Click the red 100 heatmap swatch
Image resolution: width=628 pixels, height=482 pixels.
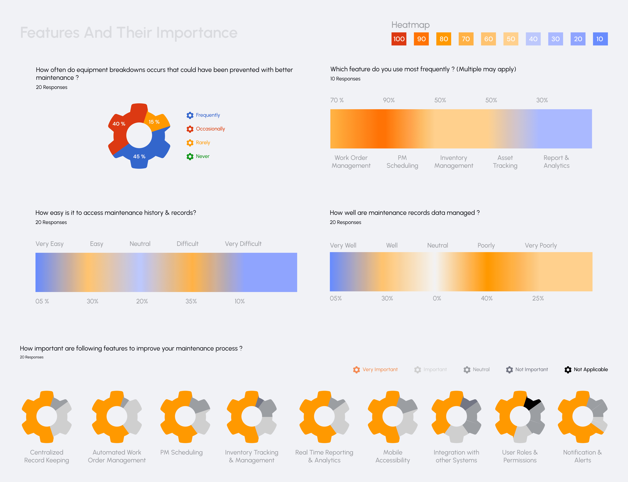coord(399,39)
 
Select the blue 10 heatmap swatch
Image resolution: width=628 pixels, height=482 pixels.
coord(600,39)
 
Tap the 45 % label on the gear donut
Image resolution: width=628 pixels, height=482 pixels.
coord(139,156)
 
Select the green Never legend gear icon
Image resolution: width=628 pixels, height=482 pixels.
coord(190,156)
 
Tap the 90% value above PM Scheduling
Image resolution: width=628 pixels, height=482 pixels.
coord(389,100)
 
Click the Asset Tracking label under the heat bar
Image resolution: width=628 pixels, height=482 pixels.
coord(505,162)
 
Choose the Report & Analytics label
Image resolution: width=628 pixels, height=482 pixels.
coord(556,162)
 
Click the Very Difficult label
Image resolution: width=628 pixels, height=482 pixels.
coord(243,244)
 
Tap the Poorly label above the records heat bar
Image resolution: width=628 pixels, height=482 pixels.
coord(486,245)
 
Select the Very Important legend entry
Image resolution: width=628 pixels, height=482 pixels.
coord(380,370)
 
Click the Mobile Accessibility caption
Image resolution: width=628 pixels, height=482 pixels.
coord(393,456)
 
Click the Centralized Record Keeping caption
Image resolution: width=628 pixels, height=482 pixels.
coord(46,456)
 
